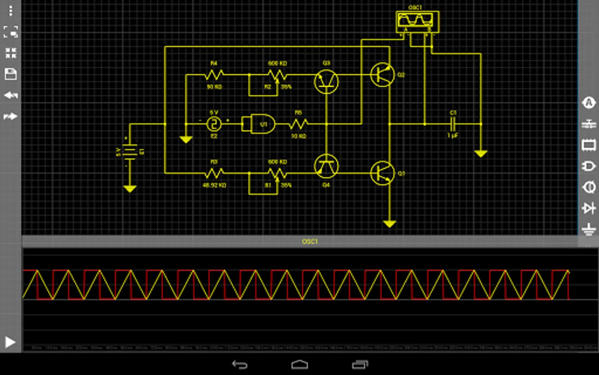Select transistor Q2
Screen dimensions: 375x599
(x=382, y=75)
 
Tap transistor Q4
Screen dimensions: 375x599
(x=326, y=166)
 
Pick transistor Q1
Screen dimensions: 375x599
(x=382, y=173)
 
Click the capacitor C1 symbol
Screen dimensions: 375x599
(x=453, y=124)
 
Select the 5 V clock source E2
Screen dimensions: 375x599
(x=214, y=124)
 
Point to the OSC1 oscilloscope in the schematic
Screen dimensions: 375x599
(x=417, y=21)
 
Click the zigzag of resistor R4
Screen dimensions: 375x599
(x=214, y=75)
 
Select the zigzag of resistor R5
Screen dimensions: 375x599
(x=298, y=124)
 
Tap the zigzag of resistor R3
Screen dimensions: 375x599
(x=214, y=172)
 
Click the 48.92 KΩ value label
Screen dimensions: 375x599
(x=214, y=185)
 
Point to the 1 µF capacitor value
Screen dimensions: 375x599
(x=453, y=135)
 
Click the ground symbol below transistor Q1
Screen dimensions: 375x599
(x=389, y=224)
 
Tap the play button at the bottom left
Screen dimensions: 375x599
(x=10, y=342)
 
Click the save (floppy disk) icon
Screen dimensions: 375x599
(x=10, y=74)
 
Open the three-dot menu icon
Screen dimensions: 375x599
(x=10, y=10)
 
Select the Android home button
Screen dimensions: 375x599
(x=299, y=365)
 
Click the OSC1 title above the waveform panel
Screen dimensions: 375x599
(x=310, y=241)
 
